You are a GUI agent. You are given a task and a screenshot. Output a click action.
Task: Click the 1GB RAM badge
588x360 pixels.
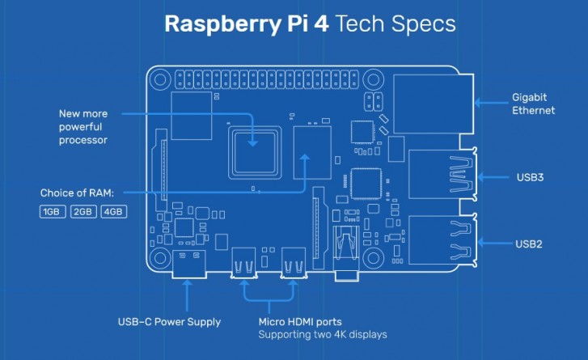tap(53, 212)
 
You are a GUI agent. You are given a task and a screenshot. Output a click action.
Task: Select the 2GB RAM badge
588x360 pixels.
tap(82, 212)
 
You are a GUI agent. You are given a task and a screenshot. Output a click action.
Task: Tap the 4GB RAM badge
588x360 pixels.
tap(112, 212)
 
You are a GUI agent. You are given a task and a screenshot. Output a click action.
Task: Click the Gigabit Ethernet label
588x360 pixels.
tap(533, 103)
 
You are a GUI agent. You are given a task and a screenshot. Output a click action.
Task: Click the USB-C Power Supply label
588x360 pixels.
tap(169, 322)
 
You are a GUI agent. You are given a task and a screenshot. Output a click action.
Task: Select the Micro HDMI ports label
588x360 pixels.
tap(295, 322)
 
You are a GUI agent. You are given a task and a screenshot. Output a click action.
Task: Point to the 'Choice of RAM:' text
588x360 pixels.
tap(78, 194)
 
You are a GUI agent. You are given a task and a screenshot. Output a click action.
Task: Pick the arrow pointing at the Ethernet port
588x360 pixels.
tap(489, 102)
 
